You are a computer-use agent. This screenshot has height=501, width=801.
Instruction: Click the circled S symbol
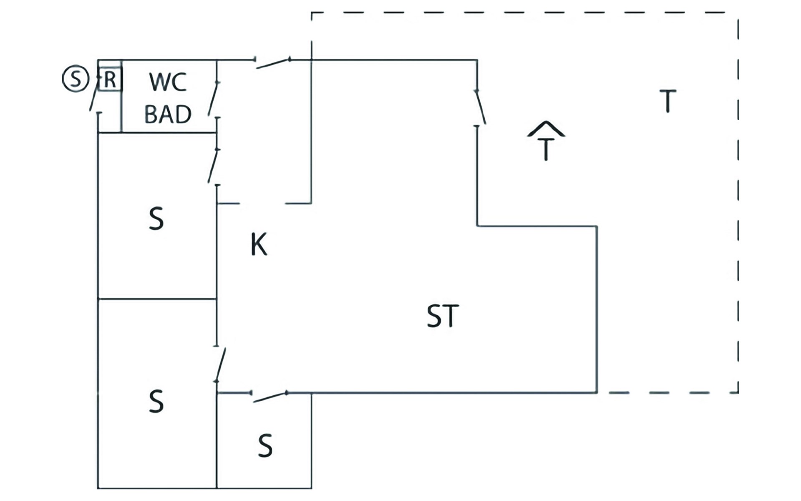click(x=76, y=78)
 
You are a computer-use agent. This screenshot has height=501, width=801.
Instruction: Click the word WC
click(x=168, y=82)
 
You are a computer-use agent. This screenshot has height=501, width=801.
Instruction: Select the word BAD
click(x=168, y=114)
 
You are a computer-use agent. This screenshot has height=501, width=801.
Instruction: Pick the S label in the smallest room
click(x=265, y=446)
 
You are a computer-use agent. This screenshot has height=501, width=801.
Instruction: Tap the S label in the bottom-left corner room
click(x=156, y=401)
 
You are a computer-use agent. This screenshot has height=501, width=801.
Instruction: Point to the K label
click(x=259, y=244)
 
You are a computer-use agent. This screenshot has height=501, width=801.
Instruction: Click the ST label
click(x=443, y=316)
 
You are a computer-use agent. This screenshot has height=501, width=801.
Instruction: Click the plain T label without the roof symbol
click(x=667, y=101)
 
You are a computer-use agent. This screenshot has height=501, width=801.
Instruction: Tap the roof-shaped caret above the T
click(x=546, y=129)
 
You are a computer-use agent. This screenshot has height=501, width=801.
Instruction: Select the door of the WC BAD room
click(x=214, y=99)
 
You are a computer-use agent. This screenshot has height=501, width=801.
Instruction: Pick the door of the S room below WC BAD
click(x=214, y=166)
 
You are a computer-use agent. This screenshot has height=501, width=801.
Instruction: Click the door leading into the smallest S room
click(x=270, y=397)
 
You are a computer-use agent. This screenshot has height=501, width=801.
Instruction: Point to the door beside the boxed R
click(x=94, y=94)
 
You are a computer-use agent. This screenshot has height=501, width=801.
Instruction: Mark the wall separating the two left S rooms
click(x=157, y=299)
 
